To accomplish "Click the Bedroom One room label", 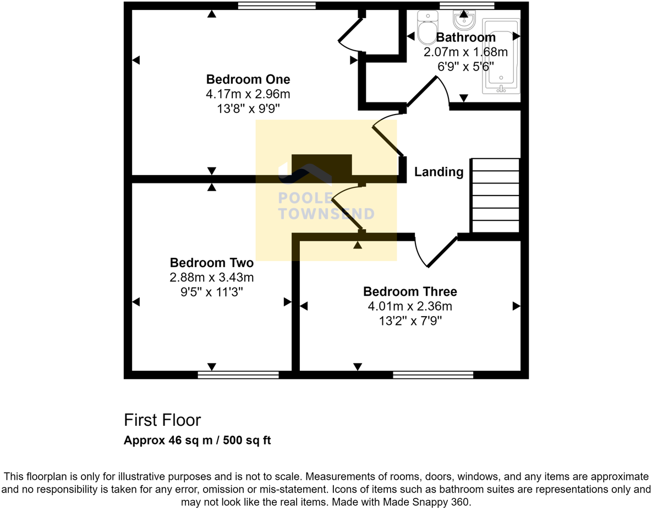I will click(x=248, y=79).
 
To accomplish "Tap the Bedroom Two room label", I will click(x=211, y=262).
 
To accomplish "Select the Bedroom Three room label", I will click(x=410, y=291).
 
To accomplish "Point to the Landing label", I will click(x=439, y=172).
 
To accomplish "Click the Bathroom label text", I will click(x=465, y=37).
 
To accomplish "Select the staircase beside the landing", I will click(x=495, y=196).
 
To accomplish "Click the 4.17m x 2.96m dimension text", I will click(x=248, y=94).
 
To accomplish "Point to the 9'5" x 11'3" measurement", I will click(x=211, y=291).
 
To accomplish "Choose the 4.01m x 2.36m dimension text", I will click(x=410, y=306).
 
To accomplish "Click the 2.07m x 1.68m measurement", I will click(x=465, y=52).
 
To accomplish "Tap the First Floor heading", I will click(x=162, y=420).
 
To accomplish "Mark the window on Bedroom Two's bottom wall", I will click(x=238, y=375).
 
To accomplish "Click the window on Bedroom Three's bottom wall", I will click(x=433, y=375).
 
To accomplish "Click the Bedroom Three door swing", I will click(x=435, y=252).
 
